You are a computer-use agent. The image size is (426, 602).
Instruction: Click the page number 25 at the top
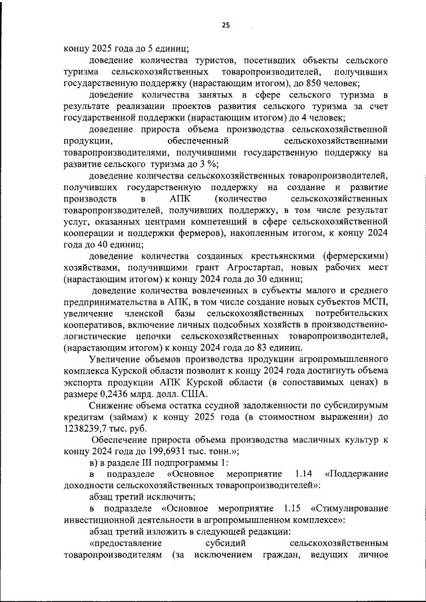226,25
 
